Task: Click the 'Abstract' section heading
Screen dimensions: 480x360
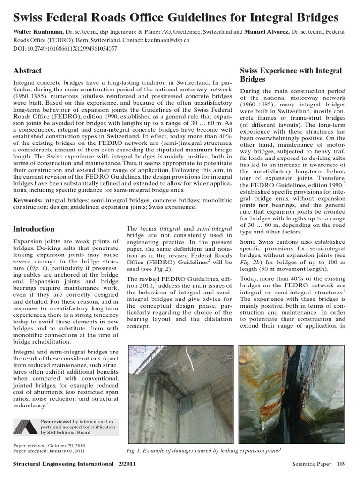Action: pos(27,71)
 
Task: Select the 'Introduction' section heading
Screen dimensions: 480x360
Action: pos(34,229)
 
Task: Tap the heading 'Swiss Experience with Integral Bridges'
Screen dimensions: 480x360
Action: pos(291,75)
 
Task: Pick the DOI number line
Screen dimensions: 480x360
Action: pos(65,48)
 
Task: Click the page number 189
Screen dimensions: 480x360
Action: pos(341,464)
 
